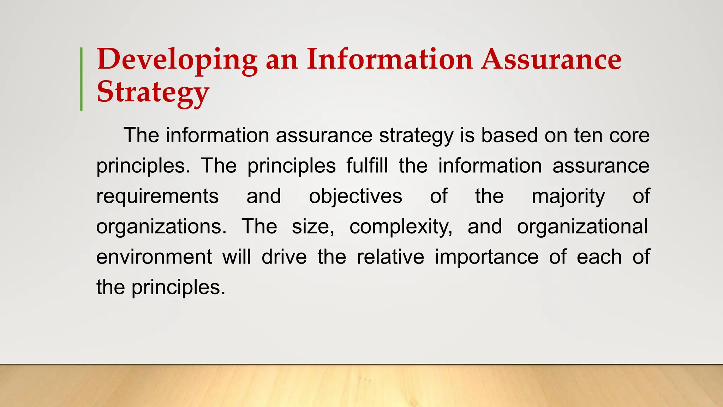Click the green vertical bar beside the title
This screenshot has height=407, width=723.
pos(82,79)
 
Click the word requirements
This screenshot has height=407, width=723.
pos(157,196)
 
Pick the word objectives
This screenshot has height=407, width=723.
pos(355,196)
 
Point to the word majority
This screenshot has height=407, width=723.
pos(568,196)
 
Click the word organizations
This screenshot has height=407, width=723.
pos(161,227)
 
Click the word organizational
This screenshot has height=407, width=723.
pos(582,226)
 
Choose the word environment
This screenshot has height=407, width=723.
pos(154,257)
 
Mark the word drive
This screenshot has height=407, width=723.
pos(284,257)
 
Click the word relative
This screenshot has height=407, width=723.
pos(390,257)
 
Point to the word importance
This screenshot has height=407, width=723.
pos(486,257)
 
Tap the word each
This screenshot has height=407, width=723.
pos(599,257)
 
